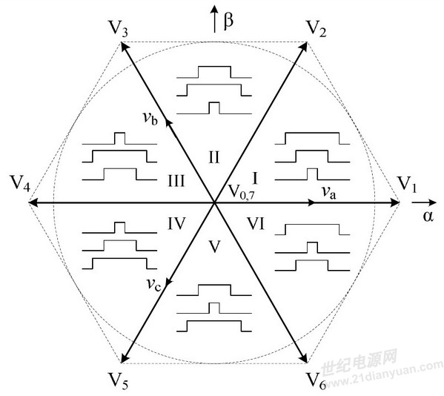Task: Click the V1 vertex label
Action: (407, 185)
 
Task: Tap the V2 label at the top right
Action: (317, 29)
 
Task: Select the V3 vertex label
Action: (118, 28)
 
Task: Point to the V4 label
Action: (19, 184)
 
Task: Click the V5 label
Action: (118, 380)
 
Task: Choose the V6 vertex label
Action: (317, 380)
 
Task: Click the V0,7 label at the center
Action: (241, 193)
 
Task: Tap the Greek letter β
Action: (228, 21)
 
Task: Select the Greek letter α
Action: (428, 217)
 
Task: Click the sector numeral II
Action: (213, 157)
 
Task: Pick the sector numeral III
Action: (176, 181)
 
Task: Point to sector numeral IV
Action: (176, 224)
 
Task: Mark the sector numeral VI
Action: (256, 224)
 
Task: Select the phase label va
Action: (329, 193)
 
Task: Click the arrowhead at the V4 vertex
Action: (33, 202)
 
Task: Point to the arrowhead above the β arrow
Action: (214, 10)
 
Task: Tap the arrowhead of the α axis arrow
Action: (433, 202)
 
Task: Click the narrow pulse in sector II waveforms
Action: (214, 108)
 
